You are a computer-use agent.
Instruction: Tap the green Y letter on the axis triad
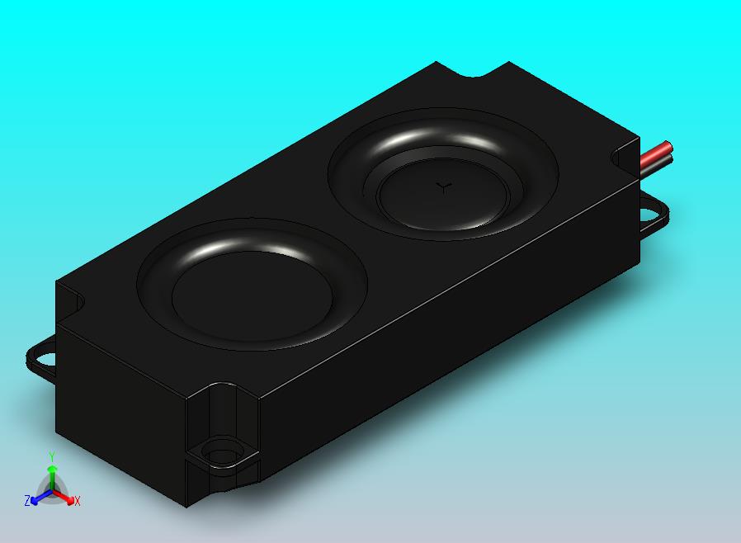(x=52, y=456)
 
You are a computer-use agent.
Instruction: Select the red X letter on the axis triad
(x=78, y=501)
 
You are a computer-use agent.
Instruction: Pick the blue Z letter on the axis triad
(x=27, y=501)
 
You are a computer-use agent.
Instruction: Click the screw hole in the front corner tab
(x=220, y=455)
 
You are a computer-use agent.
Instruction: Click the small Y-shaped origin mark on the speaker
(x=445, y=187)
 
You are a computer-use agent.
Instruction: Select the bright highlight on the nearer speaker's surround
(x=248, y=247)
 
